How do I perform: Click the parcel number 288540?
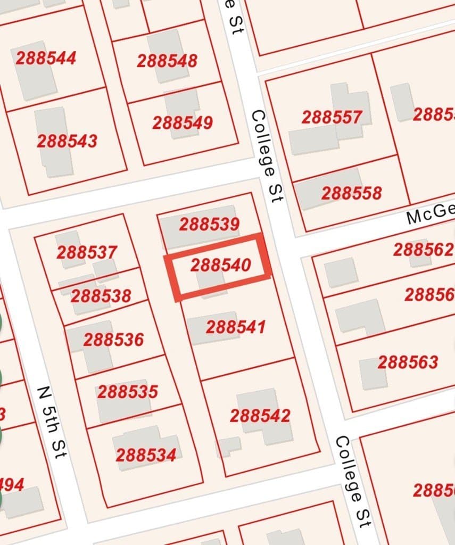pyautogui.click(x=220, y=265)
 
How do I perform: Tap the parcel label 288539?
pyautogui.click(x=209, y=224)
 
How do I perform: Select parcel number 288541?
pyautogui.click(x=235, y=327)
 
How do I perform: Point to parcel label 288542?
pyautogui.click(x=260, y=416)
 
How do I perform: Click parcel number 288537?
pyautogui.click(x=87, y=252)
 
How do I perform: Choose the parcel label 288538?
pyautogui.click(x=101, y=295)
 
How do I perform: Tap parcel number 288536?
pyautogui.click(x=113, y=340)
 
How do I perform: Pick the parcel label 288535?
pyautogui.click(x=128, y=392)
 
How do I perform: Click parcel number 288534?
pyautogui.click(x=146, y=455)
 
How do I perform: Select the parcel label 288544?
pyautogui.click(x=46, y=58)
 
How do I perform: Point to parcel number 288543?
pyautogui.click(x=67, y=141)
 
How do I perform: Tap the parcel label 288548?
pyautogui.click(x=167, y=61)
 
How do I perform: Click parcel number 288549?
pyautogui.click(x=183, y=123)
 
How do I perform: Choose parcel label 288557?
pyautogui.click(x=332, y=117)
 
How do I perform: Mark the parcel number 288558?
pyautogui.click(x=351, y=193)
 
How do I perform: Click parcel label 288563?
pyautogui.click(x=408, y=362)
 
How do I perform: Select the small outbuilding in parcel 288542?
pyautogui.click(x=229, y=445)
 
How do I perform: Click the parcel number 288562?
pyautogui.click(x=423, y=249)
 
